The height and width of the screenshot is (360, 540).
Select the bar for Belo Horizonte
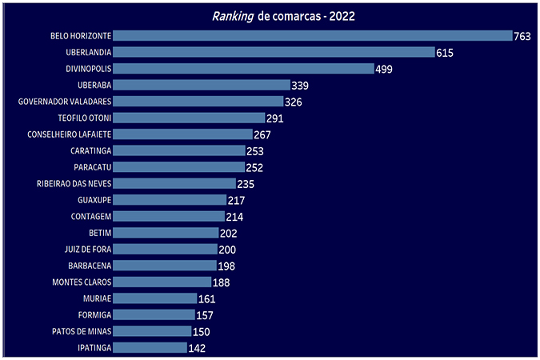pyautogui.click(x=312, y=36)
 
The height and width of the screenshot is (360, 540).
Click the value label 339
pyautogui.click(x=300, y=86)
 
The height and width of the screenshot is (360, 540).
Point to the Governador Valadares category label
pyautogui.click(x=65, y=102)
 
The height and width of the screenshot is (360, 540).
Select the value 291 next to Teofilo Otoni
pyautogui.click(x=275, y=118)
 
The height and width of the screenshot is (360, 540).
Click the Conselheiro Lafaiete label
pyautogui.click(x=69, y=134)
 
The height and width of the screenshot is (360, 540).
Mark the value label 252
pyautogui.click(x=254, y=167)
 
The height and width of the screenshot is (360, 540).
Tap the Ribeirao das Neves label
pyautogui.click(x=74, y=183)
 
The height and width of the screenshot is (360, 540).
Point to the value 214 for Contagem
pyautogui.click(x=234, y=217)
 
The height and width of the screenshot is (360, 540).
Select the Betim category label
pyautogui.click(x=100, y=233)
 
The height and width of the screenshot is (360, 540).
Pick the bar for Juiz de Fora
pyautogui.click(x=164, y=249)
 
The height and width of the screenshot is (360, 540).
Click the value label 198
pyautogui.click(x=226, y=266)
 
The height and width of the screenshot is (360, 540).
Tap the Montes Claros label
pyautogui.click(x=82, y=282)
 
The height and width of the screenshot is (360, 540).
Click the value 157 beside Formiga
pyautogui.click(x=205, y=315)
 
